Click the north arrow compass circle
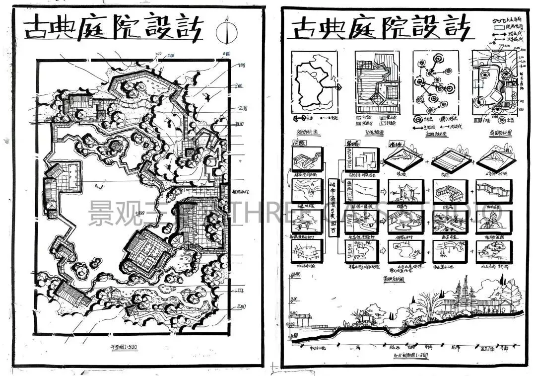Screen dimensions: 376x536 click(x=226, y=31)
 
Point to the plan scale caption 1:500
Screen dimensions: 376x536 click(x=124, y=347)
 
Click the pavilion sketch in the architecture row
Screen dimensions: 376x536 click(x=405, y=191)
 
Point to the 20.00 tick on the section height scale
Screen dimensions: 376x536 click(x=293, y=299)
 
